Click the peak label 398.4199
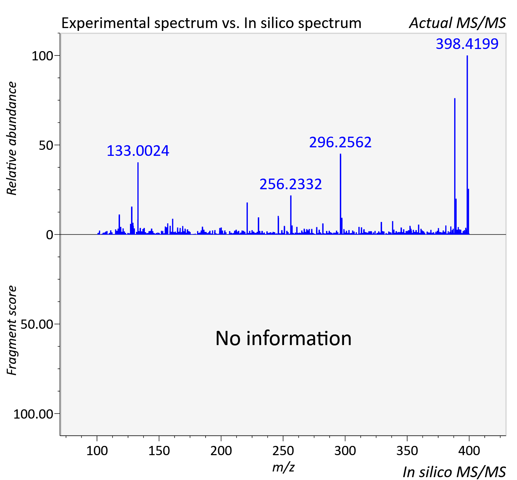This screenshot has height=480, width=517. click(467, 44)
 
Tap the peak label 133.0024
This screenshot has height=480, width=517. click(138, 151)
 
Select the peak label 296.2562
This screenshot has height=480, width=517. click(340, 142)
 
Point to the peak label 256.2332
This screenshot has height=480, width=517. click(290, 184)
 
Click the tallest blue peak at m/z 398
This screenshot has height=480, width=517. click(467, 145)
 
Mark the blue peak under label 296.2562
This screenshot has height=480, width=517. click(341, 194)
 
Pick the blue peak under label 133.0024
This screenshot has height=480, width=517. click(138, 198)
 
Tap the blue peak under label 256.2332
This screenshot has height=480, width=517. click(291, 215)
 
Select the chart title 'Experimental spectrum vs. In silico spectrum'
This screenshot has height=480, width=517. click(211, 23)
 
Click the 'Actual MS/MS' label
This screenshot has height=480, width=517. click(457, 23)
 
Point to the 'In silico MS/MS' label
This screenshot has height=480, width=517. click(454, 472)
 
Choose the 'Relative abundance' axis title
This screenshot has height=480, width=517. click(12, 138)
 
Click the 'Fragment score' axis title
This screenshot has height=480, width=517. click(12, 330)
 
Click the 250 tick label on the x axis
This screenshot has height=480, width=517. click(283, 451)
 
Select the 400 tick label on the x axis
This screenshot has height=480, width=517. click(469, 451)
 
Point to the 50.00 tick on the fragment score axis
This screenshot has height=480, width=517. click(37, 324)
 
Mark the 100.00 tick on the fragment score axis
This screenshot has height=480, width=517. click(33, 414)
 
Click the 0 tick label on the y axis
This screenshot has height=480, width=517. click(49, 235)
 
